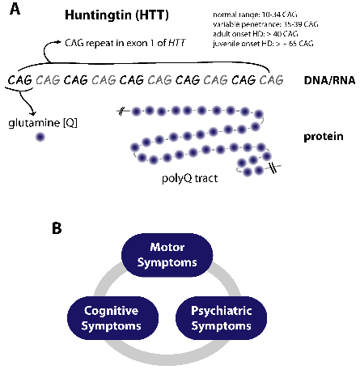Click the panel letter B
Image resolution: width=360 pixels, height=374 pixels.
pos(57,228)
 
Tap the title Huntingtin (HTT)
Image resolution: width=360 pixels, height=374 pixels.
pos(116,15)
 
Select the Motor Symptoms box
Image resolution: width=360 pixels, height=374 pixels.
pos(167,255)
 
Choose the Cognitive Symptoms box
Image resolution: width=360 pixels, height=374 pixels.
pos(112,318)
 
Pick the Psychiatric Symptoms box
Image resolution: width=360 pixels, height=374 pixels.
pos(221,318)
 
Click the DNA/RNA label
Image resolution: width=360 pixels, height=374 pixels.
pos(329,80)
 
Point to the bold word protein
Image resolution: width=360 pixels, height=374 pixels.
pos(324,137)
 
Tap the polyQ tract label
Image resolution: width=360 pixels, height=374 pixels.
pos(189,178)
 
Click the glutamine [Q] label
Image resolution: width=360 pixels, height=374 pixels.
pos(43,123)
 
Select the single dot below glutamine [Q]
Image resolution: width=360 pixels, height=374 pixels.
pos(40,137)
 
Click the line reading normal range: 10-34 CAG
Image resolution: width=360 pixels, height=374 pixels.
pos(255,15)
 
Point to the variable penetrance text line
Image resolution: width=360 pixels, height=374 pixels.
pos(265,24)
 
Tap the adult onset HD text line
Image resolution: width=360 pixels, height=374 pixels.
pos(256,34)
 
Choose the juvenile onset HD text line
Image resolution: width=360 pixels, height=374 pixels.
pos(263,43)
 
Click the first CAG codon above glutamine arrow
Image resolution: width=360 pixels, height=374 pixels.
pos(19,80)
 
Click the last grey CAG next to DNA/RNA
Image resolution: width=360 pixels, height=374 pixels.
pos(271,80)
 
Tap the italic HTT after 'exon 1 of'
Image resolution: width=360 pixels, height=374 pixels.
pos(177,43)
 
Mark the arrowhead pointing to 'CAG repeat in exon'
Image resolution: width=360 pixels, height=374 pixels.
pos(59,41)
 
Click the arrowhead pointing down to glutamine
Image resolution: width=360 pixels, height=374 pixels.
pos(33,113)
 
